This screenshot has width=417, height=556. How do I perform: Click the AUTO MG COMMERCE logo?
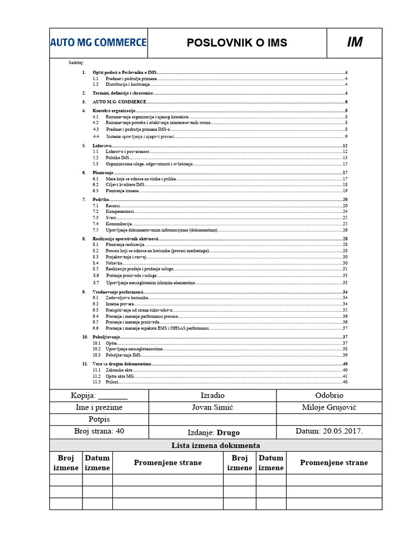(x=98, y=42)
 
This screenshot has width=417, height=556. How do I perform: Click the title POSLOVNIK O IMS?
(x=237, y=43)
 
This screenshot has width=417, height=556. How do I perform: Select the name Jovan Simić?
(x=212, y=407)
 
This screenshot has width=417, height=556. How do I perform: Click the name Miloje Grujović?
(x=329, y=407)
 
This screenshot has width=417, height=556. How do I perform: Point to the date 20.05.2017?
(x=329, y=432)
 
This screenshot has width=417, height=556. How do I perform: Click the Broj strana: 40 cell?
(x=98, y=432)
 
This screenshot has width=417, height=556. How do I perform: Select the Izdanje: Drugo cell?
(x=212, y=432)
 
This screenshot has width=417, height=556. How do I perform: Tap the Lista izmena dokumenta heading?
(x=216, y=445)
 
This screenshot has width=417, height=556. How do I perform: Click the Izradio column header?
(x=212, y=395)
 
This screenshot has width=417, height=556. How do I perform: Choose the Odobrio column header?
(x=329, y=395)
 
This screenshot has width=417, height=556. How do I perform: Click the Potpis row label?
(x=98, y=419)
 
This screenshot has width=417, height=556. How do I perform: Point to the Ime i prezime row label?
(x=98, y=407)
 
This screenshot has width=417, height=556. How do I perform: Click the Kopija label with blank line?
(x=98, y=395)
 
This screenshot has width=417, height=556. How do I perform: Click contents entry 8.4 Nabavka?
(x=114, y=263)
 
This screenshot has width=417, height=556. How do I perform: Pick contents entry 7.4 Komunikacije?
(x=119, y=224)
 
